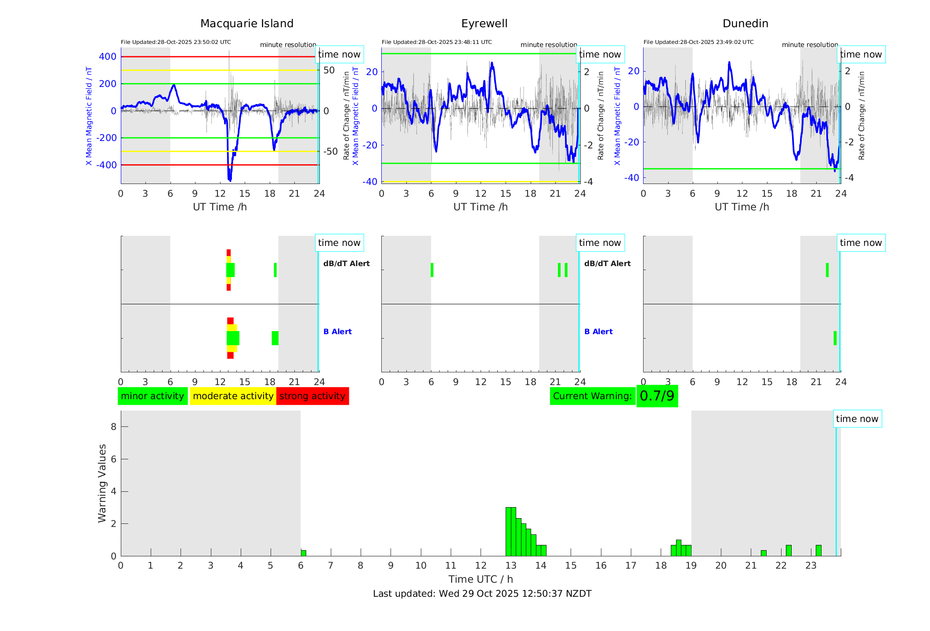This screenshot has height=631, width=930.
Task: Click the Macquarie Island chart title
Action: pos(247,24)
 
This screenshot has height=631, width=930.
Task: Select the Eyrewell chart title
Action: pos(484,24)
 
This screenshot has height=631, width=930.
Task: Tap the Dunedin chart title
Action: pos(745,24)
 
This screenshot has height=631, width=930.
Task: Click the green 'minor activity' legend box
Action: pos(152,396)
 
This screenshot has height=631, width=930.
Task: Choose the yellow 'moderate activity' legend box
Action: pos(233,396)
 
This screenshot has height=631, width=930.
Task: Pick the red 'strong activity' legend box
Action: pos(312,396)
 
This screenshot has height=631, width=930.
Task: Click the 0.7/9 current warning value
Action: pos(657,396)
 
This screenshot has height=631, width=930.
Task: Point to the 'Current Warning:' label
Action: pos(592,396)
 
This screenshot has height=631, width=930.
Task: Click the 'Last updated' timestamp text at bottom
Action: pos(482,594)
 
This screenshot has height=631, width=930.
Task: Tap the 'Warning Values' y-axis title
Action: pos(102,483)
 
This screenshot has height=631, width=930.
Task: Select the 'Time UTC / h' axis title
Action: pos(481,579)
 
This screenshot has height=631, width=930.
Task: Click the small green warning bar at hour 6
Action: pos(304,553)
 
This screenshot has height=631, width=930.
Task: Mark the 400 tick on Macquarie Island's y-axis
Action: pos(108,57)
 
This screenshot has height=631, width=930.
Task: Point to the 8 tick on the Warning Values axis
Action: pos(113,426)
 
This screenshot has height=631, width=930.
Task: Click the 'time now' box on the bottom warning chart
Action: pos(857,419)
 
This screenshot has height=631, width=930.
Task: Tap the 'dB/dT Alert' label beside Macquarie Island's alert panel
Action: pos(346,263)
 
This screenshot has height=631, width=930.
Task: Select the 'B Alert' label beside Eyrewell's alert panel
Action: pos(598,332)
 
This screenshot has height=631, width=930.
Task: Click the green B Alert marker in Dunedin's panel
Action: pos(835,338)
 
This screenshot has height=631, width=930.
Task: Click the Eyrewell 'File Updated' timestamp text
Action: pos(437,42)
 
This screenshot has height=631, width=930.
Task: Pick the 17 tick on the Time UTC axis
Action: pos(631,566)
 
